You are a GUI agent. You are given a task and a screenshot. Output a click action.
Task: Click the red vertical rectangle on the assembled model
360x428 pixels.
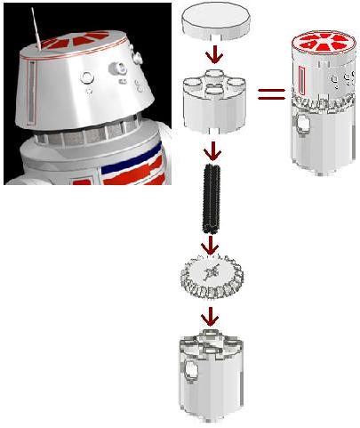tap(306, 85)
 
